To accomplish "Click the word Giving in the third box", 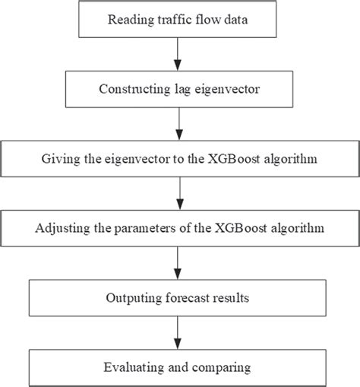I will pos(62,161).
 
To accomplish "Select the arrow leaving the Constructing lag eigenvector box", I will pos(178,123).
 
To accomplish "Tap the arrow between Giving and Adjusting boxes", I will pos(178,193).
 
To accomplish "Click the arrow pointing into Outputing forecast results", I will pos(178,262).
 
